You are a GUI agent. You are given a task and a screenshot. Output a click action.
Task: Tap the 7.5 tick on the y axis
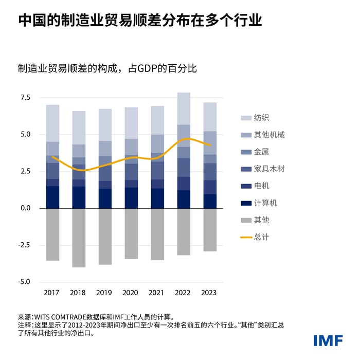[x=25, y=98]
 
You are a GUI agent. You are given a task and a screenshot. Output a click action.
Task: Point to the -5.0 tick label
[x=24, y=282]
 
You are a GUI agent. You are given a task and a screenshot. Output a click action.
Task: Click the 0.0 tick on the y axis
[x=25, y=208]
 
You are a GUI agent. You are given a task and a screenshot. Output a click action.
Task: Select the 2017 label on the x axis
[x=52, y=293]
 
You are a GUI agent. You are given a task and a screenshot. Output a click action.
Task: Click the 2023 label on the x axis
[x=209, y=293]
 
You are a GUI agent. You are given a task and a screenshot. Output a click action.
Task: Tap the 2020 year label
[x=131, y=293]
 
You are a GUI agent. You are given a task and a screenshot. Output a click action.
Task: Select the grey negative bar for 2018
[x=79, y=238]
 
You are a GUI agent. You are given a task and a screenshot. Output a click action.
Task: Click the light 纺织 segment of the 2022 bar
[x=183, y=109]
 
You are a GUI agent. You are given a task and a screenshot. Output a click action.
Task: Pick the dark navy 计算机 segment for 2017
[x=52, y=197]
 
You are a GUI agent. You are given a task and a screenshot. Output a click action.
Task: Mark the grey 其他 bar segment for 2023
[x=209, y=229]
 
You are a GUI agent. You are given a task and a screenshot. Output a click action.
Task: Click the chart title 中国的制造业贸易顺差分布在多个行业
[x=140, y=20]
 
